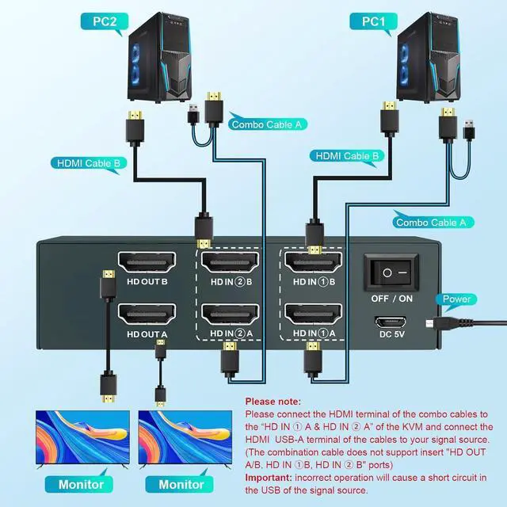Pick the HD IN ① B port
tap(313, 261)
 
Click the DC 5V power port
tap(391, 324)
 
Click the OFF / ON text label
tap(391, 299)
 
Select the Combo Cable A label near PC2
tap(268, 124)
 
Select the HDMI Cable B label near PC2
tap(88, 164)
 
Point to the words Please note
tap(274, 402)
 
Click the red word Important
tap(268, 478)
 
